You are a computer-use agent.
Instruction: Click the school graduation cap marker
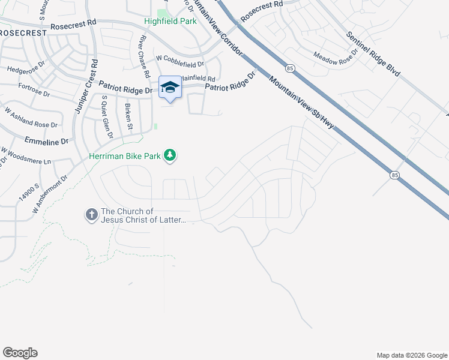click(170, 87)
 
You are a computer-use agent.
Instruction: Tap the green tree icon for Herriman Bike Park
click(171, 155)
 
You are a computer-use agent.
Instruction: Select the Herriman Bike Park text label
click(125, 156)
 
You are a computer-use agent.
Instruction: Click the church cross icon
click(91, 214)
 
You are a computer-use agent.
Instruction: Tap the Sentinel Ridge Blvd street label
click(373, 55)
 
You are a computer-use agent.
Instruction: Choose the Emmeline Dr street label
click(47, 142)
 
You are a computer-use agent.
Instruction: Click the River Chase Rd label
click(143, 56)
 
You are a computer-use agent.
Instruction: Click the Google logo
click(20, 353)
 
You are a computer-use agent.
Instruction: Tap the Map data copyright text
click(411, 355)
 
